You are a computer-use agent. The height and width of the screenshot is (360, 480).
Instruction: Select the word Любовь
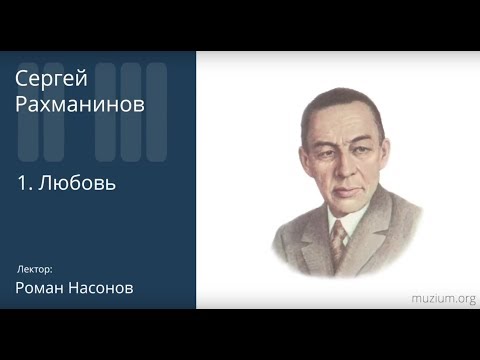82,184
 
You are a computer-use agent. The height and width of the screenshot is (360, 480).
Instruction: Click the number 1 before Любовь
23,184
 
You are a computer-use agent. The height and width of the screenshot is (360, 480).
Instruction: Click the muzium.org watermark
443,298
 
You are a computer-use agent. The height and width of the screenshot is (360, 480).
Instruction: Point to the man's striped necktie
339,241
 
